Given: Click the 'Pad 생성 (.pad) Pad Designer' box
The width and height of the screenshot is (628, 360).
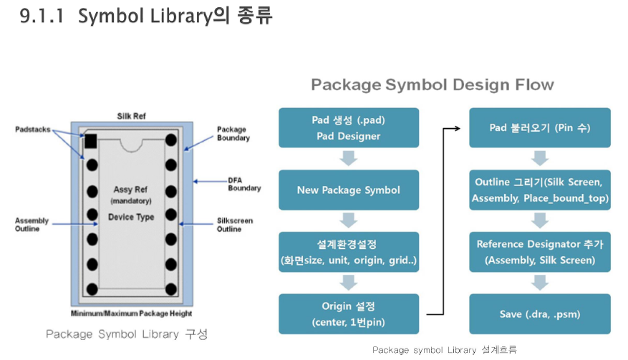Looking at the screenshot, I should click(x=349, y=127).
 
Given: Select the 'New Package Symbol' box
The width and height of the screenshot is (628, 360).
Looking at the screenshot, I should click(x=349, y=190).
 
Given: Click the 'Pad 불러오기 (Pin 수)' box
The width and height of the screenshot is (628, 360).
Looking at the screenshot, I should click(x=540, y=127).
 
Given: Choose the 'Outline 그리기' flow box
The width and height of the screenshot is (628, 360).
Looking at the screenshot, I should click(x=540, y=190).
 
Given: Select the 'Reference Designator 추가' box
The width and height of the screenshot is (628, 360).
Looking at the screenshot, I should click(x=540, y=252).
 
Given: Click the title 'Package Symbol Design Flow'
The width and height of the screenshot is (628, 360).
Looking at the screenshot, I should click(x=432, y=84).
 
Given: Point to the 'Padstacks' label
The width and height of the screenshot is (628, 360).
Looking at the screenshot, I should click(x=33, y=129).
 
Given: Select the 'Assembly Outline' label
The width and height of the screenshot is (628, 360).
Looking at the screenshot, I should click(x=33, y=225).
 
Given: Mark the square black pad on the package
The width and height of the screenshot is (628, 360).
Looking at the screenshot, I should click(x=92, y=140).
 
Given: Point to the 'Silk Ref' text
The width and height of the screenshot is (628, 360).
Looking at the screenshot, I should click(x=131, y=115).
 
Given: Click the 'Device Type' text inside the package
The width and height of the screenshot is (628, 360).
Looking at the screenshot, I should click(x=131, y=217).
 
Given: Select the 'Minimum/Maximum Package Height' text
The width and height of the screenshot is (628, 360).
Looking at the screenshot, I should click(x=131, y=313).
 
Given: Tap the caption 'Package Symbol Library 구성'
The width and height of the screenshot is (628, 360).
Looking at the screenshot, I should click(x=127, y=334).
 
